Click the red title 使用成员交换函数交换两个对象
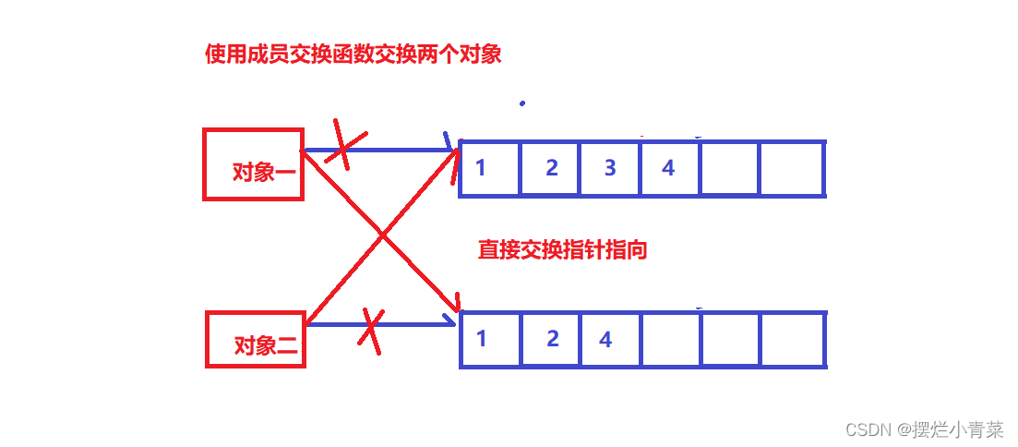353,54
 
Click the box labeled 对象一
253,164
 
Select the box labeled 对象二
255,340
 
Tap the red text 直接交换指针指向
562,249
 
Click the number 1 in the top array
481,168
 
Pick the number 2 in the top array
551,168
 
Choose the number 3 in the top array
609,168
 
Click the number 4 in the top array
668,168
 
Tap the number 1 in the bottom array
481,338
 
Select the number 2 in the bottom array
552,338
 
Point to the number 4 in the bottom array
605,339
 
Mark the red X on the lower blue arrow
370,331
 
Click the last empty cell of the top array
792,168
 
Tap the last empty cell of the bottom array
792,339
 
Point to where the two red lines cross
382,236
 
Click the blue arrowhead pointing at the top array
450,148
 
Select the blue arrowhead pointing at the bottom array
450,322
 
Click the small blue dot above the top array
522,103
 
